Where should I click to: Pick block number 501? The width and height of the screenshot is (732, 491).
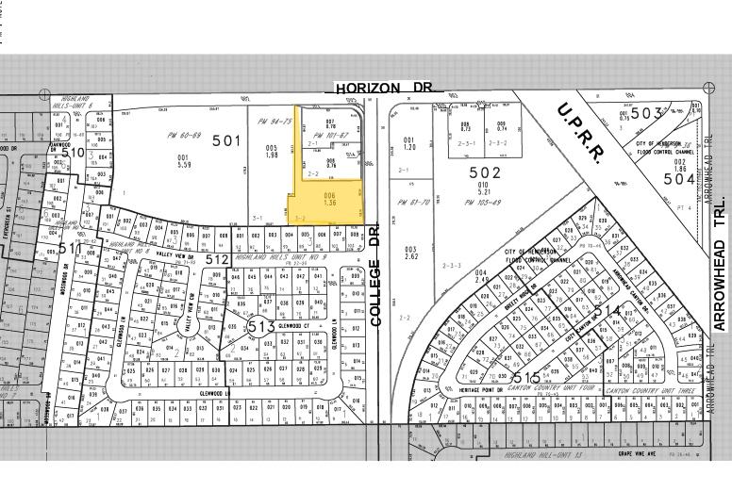(226, 141)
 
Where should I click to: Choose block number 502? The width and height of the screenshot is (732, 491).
(485, 172)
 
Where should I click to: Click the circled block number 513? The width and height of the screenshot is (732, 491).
(260, 325)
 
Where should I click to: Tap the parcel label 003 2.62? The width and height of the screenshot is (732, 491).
(411, 253)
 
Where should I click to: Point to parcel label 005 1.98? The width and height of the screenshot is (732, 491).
(272, 151)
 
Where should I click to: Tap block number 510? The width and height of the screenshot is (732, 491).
(73, 152)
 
